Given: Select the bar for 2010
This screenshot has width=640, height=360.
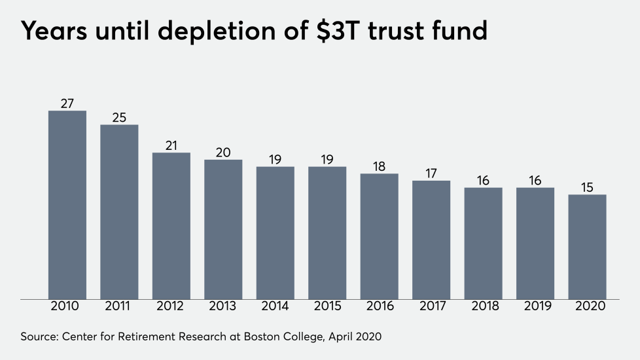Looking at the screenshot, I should pos(67,205).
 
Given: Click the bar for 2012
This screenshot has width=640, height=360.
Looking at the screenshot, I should pos(171,226).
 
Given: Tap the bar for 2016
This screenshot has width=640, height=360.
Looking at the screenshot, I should pos(380,236).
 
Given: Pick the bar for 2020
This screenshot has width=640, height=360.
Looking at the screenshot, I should pos(587,247).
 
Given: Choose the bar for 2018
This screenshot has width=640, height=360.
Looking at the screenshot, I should pos(483,243).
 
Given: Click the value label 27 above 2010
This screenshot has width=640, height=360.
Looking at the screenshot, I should pos(67,103).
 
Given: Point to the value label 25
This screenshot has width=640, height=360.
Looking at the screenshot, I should pos(119,117).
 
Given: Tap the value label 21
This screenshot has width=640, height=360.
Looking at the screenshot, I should pos(171,145).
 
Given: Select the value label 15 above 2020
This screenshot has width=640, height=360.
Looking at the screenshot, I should pos(587,187).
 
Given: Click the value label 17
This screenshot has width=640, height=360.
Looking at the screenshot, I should pos(431,173).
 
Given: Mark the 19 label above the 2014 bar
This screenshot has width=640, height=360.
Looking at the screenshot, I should pos(276,159).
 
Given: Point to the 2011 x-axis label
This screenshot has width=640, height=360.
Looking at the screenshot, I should pos(119,306).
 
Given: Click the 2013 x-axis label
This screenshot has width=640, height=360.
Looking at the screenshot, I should pos(223,306).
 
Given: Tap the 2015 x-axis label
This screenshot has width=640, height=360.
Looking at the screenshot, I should pos(327,306).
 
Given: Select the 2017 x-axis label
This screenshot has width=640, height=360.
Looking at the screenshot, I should pos(431,306).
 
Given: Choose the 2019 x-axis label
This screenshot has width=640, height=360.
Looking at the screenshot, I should pos(535,306).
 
